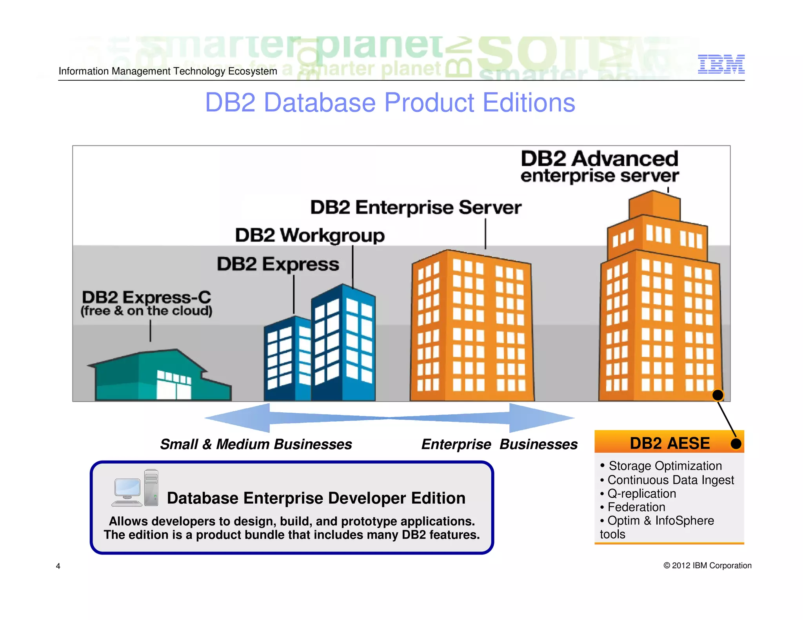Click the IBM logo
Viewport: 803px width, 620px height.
[721, 64]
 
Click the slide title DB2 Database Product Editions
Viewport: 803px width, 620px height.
[390, 103]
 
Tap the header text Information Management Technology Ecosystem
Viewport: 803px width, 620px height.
[168, 71]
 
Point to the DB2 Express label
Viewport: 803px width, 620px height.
[278, 264]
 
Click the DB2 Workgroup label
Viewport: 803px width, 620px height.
[310, 236]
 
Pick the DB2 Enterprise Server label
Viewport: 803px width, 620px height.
[416, 207]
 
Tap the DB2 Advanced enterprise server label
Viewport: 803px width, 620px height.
[599, 167]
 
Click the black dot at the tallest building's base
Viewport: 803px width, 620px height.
[718, 395]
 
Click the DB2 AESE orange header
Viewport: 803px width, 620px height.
[669, 443]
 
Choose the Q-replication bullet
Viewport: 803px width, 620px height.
[641, 493]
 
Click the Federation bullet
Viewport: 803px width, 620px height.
[636, 507]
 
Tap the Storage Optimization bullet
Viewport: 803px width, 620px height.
[665, 466]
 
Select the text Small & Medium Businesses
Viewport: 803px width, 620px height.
[256, 444]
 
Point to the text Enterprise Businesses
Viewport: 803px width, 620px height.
[499, 444]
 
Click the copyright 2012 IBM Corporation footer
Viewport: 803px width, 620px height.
[707, 566]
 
